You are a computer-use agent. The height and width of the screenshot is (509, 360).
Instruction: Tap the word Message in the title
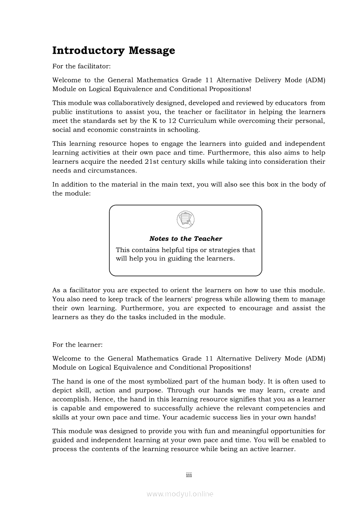click(x=152, y=51)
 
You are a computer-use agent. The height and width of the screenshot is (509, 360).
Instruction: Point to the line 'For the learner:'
click(x=77, y=344)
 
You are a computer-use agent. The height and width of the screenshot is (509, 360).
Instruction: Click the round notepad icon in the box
click(x=186, y=219)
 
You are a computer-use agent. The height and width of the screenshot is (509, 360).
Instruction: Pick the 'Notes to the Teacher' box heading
click(x=186, y=239)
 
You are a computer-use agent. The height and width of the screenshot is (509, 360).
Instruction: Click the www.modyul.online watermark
click(x=180, y=494)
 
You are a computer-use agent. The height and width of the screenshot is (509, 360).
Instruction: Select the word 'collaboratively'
click(x=143, y=103)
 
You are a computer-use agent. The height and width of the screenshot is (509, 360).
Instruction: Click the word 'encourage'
click(x=256, y=308)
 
